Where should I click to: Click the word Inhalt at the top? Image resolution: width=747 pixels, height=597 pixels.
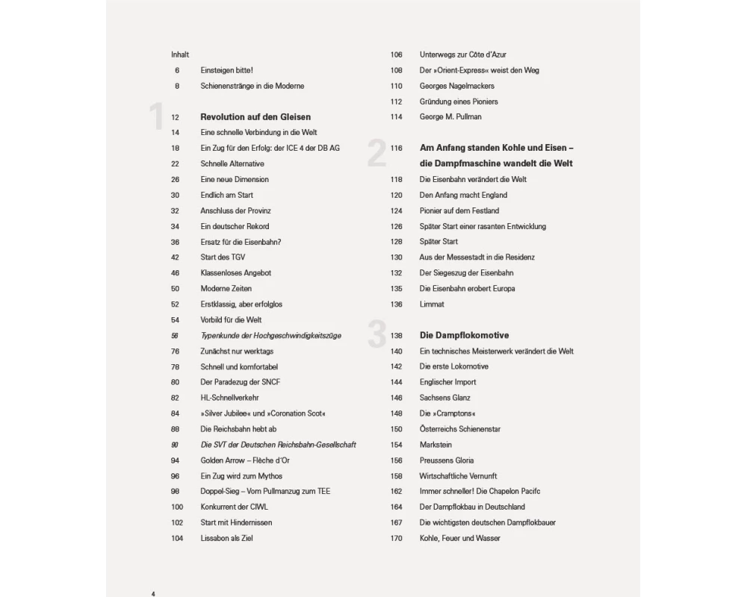coord(180,54)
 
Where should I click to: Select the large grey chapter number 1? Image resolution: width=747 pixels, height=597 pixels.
coord(156,118)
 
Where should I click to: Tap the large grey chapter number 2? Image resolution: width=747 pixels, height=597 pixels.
coord(376,154)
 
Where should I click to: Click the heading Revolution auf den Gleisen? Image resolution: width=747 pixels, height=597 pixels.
coord(255,117)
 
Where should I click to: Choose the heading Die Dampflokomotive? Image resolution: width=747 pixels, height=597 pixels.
coord(465,336)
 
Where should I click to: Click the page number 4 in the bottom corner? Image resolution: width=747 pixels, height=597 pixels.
coord(153,594)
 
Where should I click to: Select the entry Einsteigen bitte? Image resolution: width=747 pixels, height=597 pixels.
coord(227,70)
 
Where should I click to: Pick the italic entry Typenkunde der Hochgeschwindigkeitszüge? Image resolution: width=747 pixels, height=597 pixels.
coord(270,336)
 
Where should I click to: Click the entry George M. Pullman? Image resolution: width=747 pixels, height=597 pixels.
coord(450,117)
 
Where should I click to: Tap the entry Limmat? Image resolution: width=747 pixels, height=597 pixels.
coord(432,304)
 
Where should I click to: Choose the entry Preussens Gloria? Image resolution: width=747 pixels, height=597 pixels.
coord(447,460)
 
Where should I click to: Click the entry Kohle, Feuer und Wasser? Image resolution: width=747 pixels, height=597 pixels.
coord(460,538)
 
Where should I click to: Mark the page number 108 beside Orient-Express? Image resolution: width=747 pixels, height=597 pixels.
coord(396,70)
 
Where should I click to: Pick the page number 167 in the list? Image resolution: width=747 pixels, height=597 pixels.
coord(396,522)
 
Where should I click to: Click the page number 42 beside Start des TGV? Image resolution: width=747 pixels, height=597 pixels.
coord(176,257)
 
